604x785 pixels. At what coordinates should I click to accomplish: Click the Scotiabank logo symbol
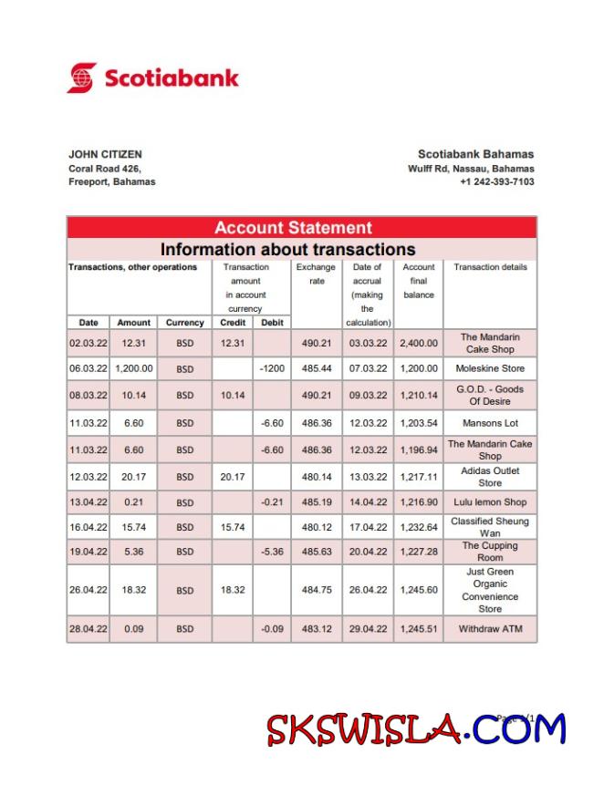(81, 77)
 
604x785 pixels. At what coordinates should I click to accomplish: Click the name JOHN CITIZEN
(105, 154)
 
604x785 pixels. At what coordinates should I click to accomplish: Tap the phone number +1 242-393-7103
(497, 181)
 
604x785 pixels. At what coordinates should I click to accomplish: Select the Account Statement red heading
(293, 228)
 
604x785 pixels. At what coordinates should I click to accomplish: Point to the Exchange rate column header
(316, 274)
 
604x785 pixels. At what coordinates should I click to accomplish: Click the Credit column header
(233, 323)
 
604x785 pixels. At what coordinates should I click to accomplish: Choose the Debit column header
(272, 323)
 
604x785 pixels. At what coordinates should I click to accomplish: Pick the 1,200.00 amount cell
(133, 369)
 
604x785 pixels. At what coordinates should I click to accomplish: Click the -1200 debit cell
(272, 369)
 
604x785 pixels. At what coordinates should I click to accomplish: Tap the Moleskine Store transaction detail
(490, 369)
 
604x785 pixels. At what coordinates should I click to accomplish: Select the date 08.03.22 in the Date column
(88, 396)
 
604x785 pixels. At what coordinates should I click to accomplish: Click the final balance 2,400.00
(419, 344)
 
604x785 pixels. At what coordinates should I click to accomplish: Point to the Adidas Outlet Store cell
(490, 477)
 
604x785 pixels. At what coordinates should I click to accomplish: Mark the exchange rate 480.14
(316, 477)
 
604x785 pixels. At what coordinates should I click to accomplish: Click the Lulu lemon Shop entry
(490, 502)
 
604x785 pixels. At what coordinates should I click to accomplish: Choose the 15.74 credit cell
(233, 527)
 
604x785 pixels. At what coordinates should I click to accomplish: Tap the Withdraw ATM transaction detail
(490, 629)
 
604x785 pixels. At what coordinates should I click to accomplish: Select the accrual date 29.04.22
(368, 629)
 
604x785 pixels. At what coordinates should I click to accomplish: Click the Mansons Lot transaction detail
(490, 423)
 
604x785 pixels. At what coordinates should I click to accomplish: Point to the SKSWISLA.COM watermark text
(416, 730)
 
